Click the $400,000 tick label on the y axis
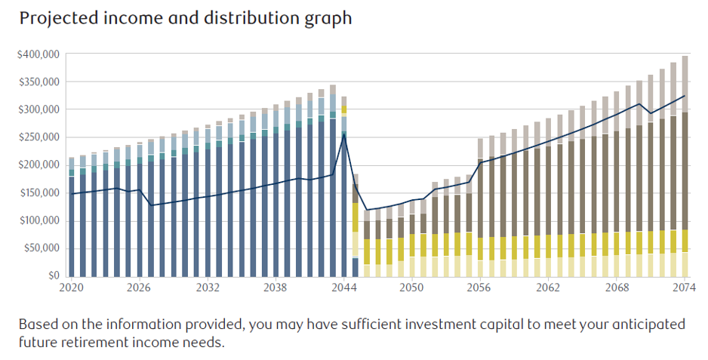38,54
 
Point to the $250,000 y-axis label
38,137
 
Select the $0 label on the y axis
52,276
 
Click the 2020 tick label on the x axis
72,288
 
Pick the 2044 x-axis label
344,288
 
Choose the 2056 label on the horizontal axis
480,288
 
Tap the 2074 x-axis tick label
685,288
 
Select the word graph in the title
328,18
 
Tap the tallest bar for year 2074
685,166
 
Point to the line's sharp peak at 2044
344,135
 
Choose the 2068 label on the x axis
617,288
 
